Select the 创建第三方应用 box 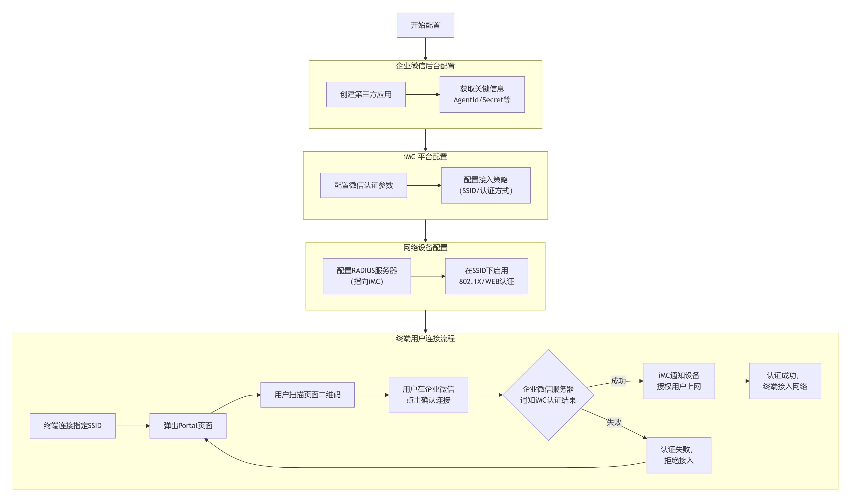pos(365,94)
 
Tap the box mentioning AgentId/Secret pos(482,94)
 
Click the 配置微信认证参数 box pos(363,185)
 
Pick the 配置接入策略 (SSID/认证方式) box pos(485,185)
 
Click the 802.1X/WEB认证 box pos(486,276)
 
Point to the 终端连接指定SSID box pos(73,426)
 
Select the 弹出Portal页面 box pos(188,426)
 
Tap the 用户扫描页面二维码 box pos(307,395)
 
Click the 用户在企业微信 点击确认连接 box pos(428,395)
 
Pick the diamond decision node pos(548,395)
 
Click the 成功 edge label pos(618,381)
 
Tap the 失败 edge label pos(614,422)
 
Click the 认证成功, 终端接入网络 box pos(784,381)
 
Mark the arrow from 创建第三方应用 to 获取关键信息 pos(422,94)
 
